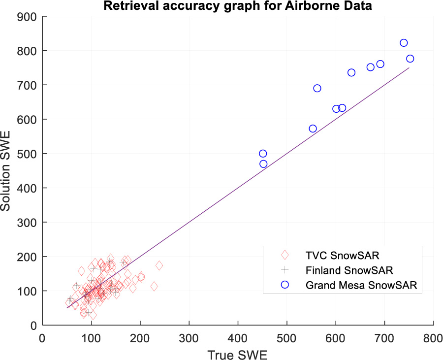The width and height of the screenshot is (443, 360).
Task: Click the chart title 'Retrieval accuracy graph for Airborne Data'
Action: pyautogui.click(x=221, y=6)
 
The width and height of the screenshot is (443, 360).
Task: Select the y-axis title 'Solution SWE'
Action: pyautogui.click(x=7, y=170)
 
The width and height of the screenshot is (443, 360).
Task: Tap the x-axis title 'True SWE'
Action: pyautogui.click(x=237, y=354)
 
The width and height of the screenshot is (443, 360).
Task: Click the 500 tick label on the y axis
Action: pyautogui.click(x=29, y=154)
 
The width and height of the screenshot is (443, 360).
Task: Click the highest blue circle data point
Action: pyautogui.click(x=404, y=43)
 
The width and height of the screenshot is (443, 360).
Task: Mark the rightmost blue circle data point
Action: pyautogui.click(x=410, y=59)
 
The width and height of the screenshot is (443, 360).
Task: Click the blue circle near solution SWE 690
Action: pyautogui.click(x=317, y=88)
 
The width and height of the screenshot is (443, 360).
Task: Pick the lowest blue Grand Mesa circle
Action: pyautogui.click(x=263, y=164)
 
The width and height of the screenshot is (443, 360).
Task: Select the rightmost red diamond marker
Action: pyautogui.click(x=159, y=265)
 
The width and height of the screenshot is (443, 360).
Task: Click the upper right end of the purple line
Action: pyautogui.click(x=409, y=68)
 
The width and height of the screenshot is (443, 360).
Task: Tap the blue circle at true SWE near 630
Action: pyautogui.click(x=351, y=72)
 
